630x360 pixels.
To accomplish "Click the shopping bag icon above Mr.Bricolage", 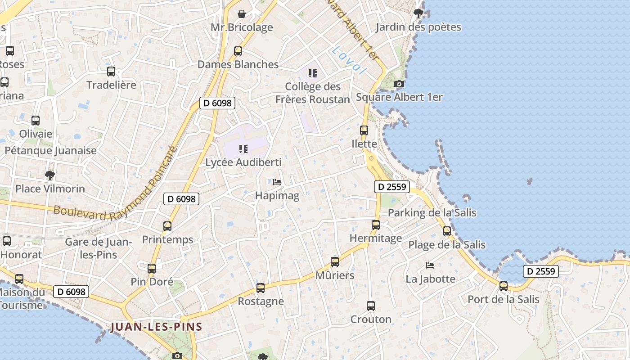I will pyautogui.click(x=242, y=14).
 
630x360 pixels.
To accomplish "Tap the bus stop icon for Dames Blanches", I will pyautogui.click(x=238, y=51).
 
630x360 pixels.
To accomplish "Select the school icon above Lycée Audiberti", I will pyautogui.click(x=243, y=149).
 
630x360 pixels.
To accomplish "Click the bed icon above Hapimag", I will pyautogui.click(x=277, y=182).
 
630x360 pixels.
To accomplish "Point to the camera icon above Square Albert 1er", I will pyautogui.click(x=399, y=84).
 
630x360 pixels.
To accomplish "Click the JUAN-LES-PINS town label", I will pyautogui.click(x=156, y=327).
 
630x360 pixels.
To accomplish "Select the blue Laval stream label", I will pyautogui.click(x=349, y=60).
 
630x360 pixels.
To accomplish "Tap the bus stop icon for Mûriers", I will pyautogui.click(x=335, y=262).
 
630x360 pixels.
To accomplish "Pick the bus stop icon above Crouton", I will pyautogui.click(x=371, y=306).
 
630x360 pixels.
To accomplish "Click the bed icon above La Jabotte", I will pyautogui.click(x=431, y=265).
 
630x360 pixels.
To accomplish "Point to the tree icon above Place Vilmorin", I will pyautogui.click(x=50, y=175).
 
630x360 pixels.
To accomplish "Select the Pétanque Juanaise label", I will pyautogui.click(x=50, y=151).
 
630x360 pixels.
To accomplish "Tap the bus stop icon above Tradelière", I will pyautogui.click(x=111, y=72).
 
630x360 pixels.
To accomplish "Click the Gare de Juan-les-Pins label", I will pyautogui.click(x=98, y=248).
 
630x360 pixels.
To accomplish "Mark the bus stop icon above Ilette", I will pyautogui.click(x=364, y=130).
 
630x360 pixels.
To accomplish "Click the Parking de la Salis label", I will pyautogui.click(x=432, y=212).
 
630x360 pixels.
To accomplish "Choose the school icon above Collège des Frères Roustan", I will pyautogui.click(x=313, y=73).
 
